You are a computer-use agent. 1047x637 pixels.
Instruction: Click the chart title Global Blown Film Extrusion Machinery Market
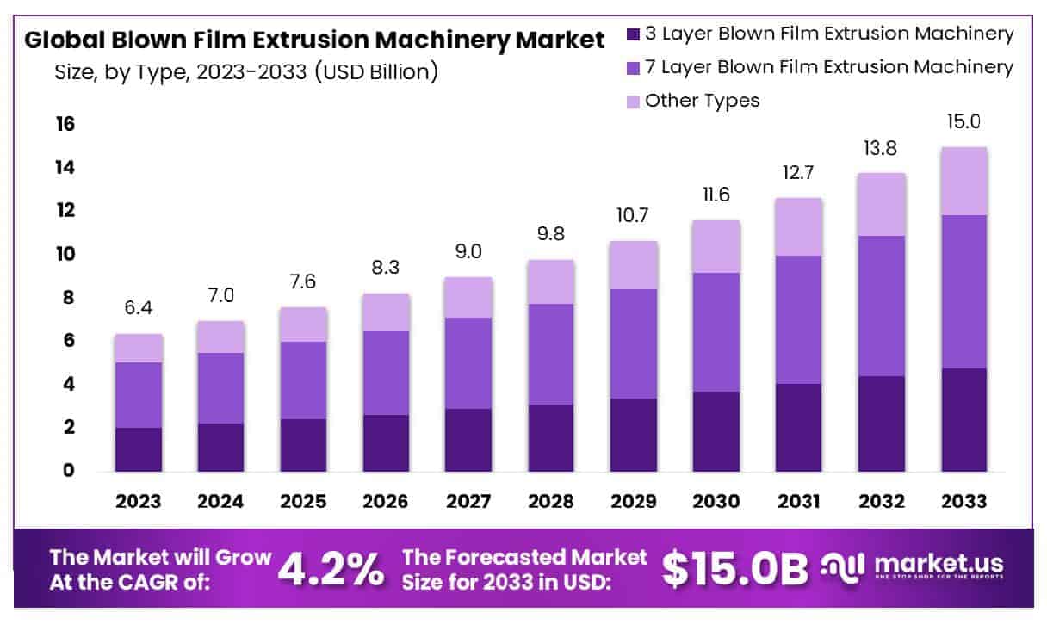click(314, 40)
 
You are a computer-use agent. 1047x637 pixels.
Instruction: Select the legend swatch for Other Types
click(633, 101)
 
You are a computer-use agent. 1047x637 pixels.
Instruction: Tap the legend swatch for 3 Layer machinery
click(633, 34)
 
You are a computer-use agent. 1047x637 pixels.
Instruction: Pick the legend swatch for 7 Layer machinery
click(633, 67)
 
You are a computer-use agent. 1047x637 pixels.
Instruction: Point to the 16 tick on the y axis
click(65, 125)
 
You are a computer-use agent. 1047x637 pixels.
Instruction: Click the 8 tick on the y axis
click(67, 298)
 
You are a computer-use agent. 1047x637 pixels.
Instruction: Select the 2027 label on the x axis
click(469, 501)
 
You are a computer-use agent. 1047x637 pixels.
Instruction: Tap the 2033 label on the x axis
click(963, 501)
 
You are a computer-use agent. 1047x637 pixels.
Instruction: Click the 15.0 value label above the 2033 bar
click(963, 122)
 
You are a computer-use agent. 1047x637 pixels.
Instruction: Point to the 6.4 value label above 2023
click(139, 308)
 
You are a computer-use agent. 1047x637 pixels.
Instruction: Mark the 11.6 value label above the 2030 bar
click(716, 195)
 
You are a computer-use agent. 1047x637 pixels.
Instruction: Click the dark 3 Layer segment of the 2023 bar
click(139, 449)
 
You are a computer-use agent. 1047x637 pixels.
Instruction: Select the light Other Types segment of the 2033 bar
click(963, 181)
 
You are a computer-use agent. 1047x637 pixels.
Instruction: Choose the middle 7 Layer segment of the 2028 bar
click(551, 354)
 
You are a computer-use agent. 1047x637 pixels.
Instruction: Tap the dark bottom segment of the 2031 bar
click(799, 427)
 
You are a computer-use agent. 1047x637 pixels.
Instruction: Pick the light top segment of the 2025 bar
click(304, 325)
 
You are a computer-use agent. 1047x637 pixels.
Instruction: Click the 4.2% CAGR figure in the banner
click(331, 568)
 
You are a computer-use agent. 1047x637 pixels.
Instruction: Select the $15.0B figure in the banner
click(736, 568)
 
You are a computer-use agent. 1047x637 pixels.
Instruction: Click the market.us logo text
click(939, 564)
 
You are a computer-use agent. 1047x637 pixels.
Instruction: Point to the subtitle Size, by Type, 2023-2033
click(246, 72)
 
